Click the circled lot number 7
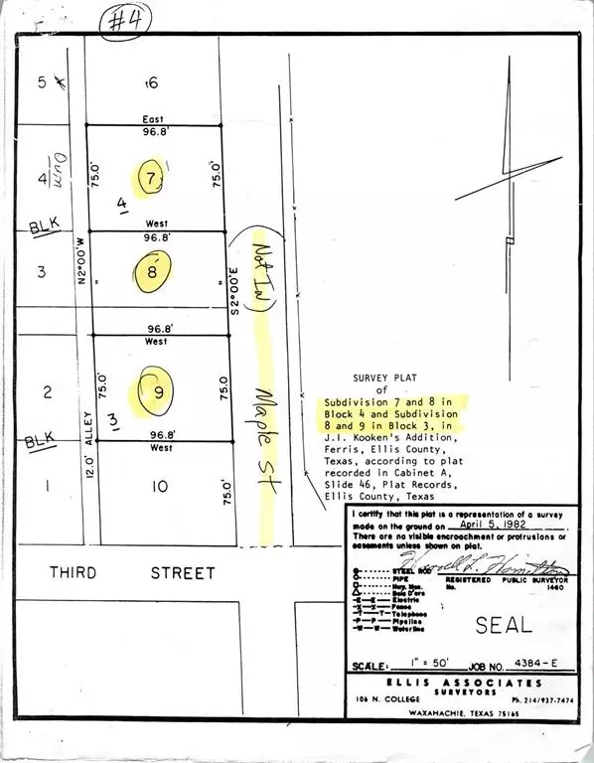pos(152,179)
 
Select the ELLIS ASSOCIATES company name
pos(465,684)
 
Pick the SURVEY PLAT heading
pos(390,379)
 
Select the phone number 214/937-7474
pos(531,698)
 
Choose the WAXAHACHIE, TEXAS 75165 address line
pos(465,714)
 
